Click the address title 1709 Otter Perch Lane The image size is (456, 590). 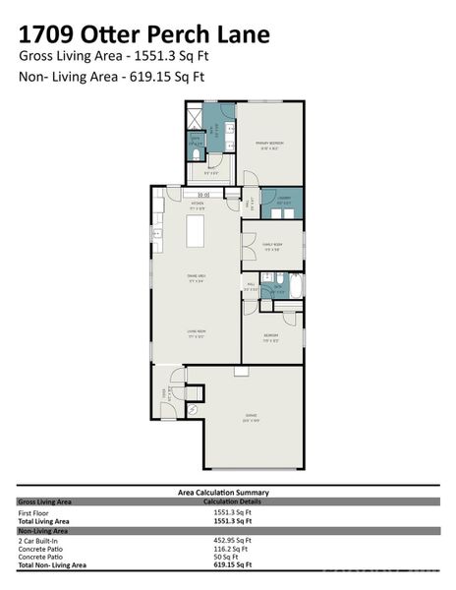144,34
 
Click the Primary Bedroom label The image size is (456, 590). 269,146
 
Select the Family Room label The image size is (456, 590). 271,246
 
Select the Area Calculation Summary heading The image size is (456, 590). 223,492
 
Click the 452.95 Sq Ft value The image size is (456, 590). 233,541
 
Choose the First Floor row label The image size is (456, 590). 34,512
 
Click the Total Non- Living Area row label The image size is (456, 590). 52,565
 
